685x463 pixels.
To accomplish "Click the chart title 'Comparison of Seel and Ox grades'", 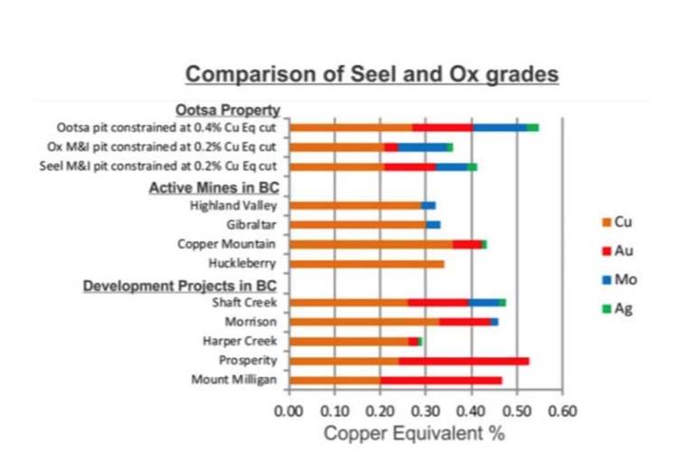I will click(371, 73).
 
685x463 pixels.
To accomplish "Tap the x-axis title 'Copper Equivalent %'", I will click(414, 433).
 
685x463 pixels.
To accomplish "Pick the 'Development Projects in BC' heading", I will click(181, 285).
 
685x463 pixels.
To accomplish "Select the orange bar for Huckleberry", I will click(366, 264).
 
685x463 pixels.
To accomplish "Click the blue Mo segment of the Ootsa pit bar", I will click(500, 128).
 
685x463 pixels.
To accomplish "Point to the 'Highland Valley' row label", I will click(232, 206).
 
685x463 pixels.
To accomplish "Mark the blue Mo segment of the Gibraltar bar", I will click(433, 224).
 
